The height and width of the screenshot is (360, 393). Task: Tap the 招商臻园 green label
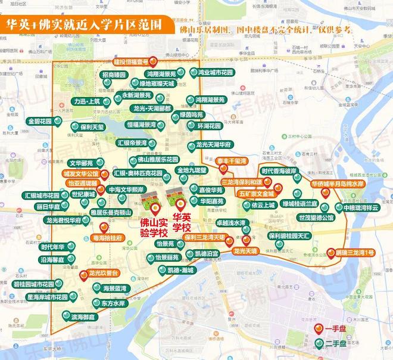tap(114, 75)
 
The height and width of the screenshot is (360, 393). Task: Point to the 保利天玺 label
tap(92, 126)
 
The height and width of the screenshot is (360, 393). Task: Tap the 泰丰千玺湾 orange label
tap(232, 161)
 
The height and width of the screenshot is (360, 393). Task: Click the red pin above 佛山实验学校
tap(156, 209)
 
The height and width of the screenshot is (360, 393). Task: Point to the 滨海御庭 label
tap(82, 316)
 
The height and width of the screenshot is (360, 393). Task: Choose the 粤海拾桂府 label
tap(108, 237)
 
